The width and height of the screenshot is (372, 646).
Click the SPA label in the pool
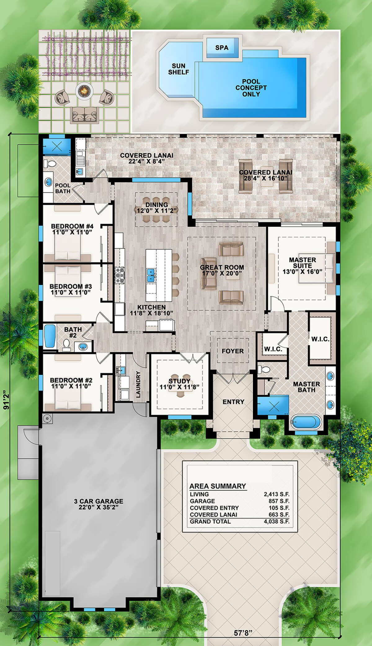coord(222,48)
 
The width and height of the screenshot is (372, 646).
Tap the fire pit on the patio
coord(84,91)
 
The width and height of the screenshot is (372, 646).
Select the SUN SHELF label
coord(179,69)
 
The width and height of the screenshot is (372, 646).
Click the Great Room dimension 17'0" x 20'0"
coord(222,273)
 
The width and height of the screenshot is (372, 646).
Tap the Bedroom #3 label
coord(71,287)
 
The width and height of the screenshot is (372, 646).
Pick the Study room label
coord(179,381)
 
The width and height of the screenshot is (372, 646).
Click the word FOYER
coord(232,351)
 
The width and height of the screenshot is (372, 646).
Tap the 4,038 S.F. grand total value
coord(277,521)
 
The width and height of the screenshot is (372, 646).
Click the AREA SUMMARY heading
coord(218,486)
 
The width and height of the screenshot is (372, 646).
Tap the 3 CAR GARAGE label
coord(99,501)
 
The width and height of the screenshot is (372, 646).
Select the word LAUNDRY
coord(138,384)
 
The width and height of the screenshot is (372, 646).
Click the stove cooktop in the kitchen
coord(120,275)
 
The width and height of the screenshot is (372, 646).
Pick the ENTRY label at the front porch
coord(233,402)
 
